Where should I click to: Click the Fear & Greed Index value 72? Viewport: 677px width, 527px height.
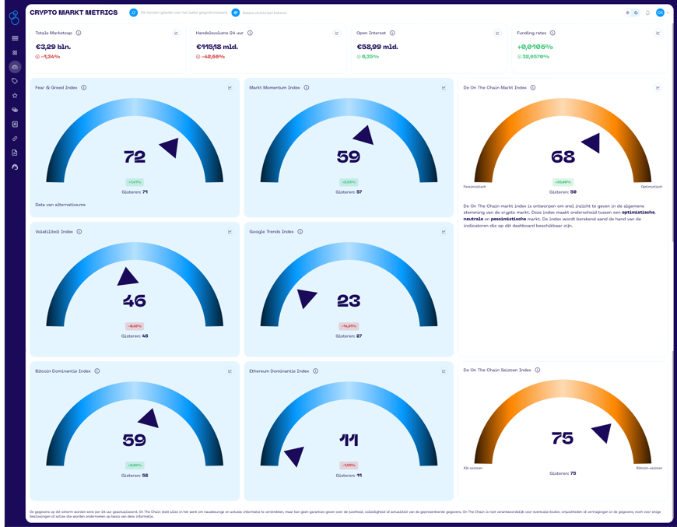[x=135, y=157]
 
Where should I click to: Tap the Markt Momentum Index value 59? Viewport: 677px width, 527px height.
[x=349, y=157]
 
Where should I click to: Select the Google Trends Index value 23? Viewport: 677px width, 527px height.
[x=349, y=301]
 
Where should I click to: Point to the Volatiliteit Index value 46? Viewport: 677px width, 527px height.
[x=135, y=301]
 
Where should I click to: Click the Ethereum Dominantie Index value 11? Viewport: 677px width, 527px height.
[x=349, y=441]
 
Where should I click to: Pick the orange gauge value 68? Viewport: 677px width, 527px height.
[x=563, y=157]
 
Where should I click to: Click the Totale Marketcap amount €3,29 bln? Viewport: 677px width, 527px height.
[x=53, y=47]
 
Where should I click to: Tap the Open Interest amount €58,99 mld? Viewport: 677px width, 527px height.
[x=377, y=47]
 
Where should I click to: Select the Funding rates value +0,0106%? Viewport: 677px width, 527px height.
[x=535, y=47]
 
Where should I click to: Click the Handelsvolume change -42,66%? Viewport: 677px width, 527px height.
[x=212, y=57]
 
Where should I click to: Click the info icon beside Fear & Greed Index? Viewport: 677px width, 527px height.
[x=84, y=88]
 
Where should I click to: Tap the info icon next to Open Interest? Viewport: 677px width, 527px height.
[x=392, y=33]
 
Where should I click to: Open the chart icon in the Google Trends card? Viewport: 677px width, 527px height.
[x=444, y=232]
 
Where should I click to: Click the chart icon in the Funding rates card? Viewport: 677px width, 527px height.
[x=658, y=33]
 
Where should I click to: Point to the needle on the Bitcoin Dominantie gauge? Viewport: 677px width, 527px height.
[x=149, y=419]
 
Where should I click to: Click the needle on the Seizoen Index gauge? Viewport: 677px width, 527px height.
[x=602, y=432]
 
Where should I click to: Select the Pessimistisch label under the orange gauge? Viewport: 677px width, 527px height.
[x=475, y=187]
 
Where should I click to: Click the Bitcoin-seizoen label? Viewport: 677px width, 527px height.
[x=649, y=468]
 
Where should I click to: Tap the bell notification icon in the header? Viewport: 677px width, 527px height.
[x=647, y=13]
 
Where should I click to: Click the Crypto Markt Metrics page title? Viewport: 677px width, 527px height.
[x=74, y=13]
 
